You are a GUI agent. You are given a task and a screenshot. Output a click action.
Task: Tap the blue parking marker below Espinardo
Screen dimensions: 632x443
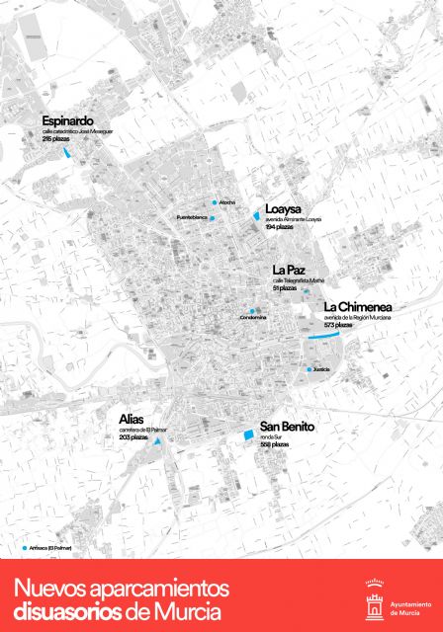coord(67,153)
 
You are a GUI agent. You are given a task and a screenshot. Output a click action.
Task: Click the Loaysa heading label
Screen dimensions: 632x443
coord(285,208)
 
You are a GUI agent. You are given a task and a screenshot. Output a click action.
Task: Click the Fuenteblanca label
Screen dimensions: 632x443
coord(189,217)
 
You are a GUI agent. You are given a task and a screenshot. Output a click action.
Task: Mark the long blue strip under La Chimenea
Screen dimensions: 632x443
coord(321,338)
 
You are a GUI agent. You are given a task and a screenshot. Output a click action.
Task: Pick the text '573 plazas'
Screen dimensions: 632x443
coord(344,325)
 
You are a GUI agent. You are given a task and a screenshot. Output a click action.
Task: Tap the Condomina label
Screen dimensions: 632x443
coord(253,318)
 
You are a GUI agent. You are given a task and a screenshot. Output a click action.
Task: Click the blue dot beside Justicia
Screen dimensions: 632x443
coord(307,368)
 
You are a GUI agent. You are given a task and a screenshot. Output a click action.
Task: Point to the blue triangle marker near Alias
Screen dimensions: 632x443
coord(156,446)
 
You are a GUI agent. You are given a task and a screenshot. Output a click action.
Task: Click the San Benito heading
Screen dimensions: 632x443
coord(288,427)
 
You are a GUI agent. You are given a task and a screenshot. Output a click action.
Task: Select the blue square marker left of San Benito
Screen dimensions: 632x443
coord(248,434)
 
